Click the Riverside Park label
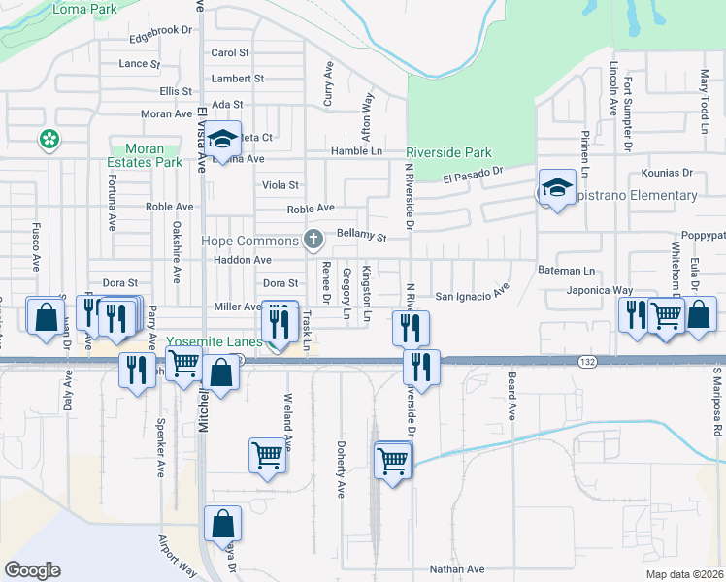(448, 152)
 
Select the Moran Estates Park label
(145, 155)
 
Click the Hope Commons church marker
(313, 239)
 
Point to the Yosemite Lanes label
(213, 341)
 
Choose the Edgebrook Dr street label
(161, 30)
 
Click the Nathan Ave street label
(456, 569)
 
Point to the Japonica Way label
(601, 289)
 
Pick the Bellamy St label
(362, 236)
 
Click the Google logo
(32, 570)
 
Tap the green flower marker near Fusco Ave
(49, 140)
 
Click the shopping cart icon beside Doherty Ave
(391, 461)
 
